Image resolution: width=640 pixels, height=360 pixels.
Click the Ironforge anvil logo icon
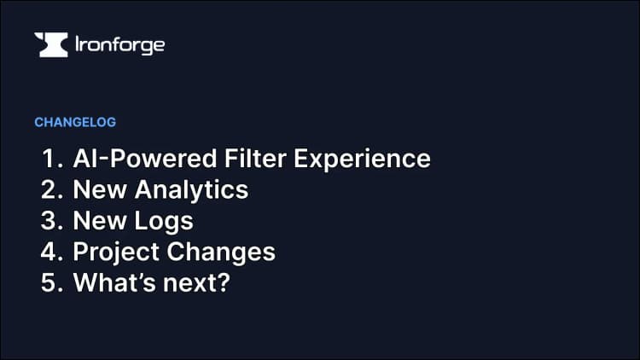pos(50,44)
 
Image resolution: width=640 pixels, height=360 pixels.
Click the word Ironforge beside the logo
pos(119,44)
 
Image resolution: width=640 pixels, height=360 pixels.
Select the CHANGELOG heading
pos(75,122)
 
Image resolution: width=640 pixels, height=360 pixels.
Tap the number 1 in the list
pos(49,159)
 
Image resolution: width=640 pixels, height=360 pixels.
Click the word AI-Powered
pos(130,159)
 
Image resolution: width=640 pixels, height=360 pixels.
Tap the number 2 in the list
pos(49,189)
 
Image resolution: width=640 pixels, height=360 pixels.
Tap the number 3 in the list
pos(49,221)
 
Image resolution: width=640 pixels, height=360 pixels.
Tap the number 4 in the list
pos(49,252)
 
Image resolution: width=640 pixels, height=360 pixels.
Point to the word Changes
pos(221,253)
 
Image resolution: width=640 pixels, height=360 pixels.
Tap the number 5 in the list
pos(49,282)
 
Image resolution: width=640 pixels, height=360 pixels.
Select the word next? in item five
pos(195,283)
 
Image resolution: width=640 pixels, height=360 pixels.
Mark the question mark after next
pos(224,282)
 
